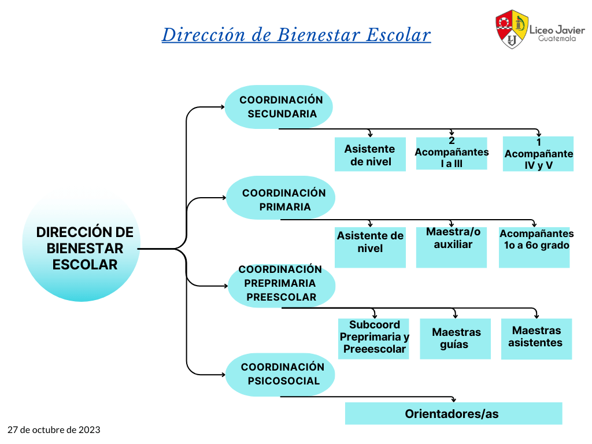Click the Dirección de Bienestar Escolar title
[x=297, y=35]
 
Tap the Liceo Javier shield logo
[x=512, y=29]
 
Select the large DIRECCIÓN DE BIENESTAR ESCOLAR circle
[x=81, y=245]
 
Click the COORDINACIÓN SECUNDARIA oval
[x=279, y=107]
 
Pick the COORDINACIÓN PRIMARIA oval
[x=280, y=198]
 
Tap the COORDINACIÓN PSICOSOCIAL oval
[x=280, y=375]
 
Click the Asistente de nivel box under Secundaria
[x=370, y=154]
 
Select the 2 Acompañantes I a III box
[x=452, y=153]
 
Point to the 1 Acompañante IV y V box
[x=538, y=154]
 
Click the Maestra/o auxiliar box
[x=451, y=247]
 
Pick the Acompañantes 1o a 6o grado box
[x=534, y=247]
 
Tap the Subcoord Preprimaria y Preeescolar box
[x=373, y=339]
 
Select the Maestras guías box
[x=456, y=339]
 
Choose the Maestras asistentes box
[x=536, y=339]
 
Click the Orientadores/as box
[x=453, y=413]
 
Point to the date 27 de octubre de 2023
[x=54, y=430]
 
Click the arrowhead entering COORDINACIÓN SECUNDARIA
[x=223, y=107]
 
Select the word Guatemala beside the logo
[x=557, y=39]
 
